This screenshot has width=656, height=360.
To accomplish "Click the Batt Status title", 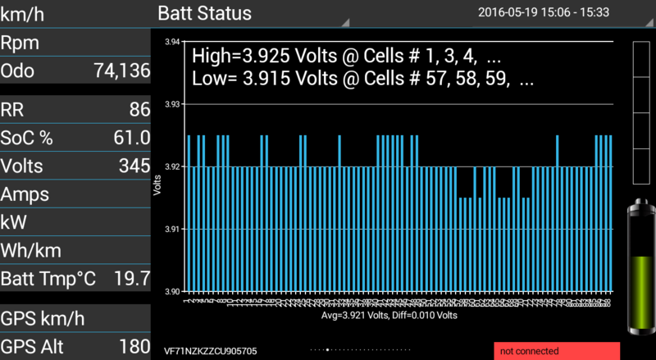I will coord(204,13).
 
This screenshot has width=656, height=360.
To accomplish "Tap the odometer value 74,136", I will coord(122,71).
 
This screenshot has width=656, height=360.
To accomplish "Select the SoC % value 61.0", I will coord(132,138).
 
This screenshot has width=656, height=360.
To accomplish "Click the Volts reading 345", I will coord(134,166).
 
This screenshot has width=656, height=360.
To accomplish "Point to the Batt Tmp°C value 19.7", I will coord(133,279).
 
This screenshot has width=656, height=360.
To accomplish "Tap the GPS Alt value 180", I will coord(134,346).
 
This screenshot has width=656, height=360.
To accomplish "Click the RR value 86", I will coord(139,109).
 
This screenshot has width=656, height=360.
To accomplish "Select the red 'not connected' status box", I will coord(557,351).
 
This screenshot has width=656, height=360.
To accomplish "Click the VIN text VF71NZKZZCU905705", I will coord(211,351).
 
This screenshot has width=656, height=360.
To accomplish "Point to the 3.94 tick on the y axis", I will coord(172,42).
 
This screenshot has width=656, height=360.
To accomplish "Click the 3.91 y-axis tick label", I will coord(172,230).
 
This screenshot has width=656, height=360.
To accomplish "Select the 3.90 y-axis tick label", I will coord(172,292).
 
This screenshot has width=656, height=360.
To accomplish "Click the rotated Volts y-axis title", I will coord(157,185).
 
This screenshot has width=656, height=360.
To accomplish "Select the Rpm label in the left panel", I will coord(20,43).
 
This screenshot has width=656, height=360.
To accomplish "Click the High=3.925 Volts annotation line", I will coord(346,57).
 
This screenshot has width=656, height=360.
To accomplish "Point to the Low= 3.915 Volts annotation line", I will coord(362,80).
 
